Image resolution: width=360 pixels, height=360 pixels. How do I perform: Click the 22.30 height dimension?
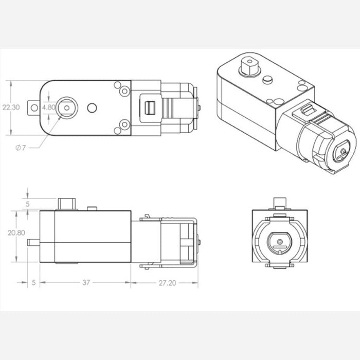pyautogui.click(x=11, y=107)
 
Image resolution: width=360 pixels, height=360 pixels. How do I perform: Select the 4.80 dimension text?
pyautogui.click(x=49, y=107)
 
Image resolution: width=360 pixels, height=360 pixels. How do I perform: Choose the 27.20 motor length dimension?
pyautogui.click(x=164, y=282)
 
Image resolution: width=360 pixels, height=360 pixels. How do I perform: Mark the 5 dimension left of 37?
pyautogui.click(x=33, y=282)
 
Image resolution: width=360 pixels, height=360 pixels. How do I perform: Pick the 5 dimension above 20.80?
pyautogui.click(x=28, y=204)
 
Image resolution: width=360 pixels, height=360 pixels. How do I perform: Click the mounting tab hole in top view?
pyautogui.click(x=35, y=107)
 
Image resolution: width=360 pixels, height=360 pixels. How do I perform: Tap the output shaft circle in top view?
pyautogui.click(x=66, y=107)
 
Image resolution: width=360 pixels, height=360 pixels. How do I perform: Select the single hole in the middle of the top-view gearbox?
pyautogui.click(x=92, y=107)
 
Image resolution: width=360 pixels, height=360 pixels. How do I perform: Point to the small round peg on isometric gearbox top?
pyautogui.click(x=267, y=80)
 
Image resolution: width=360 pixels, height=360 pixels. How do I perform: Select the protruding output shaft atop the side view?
pyautogui.click(x=67, y=203)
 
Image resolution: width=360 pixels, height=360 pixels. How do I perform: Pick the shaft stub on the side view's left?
pyautogui.click(x=34, y=242)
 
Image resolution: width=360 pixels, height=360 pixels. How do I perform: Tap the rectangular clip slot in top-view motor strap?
pyautogui.click(x=150, y=108)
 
